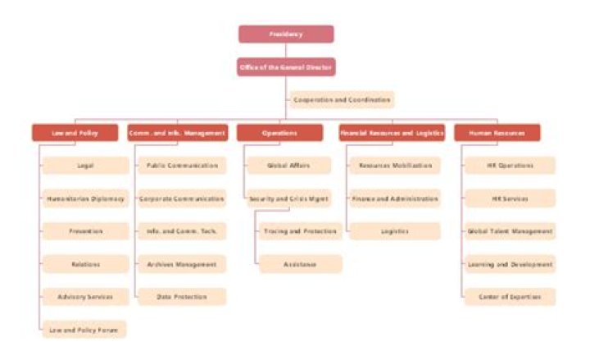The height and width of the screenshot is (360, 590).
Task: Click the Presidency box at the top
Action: (286, 34)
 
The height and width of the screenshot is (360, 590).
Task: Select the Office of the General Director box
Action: (286, 66)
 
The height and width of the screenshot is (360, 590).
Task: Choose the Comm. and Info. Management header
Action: (178, 132)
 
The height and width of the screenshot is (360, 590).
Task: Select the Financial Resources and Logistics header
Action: (393, 132)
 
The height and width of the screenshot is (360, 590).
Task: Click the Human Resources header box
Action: (497, 132)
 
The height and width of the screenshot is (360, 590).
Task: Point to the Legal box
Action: (85, 166)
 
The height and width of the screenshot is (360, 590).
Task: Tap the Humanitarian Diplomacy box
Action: (85, 198)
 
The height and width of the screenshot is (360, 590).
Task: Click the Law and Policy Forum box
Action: (85, 330)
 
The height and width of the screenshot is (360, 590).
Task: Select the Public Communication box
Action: (182, 166)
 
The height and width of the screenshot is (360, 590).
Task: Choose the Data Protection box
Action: (182, 297)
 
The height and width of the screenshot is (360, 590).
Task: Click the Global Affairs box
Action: (288, 166)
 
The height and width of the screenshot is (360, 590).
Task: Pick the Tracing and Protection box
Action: (299, 231)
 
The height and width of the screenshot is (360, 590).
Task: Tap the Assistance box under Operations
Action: (299, 264)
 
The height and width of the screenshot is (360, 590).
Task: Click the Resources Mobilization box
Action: (394, 166)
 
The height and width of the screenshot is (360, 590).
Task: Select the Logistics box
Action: (394, 231)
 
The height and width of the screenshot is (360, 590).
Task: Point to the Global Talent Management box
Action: (509, 231)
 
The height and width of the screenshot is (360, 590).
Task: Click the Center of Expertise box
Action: (509, 297)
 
